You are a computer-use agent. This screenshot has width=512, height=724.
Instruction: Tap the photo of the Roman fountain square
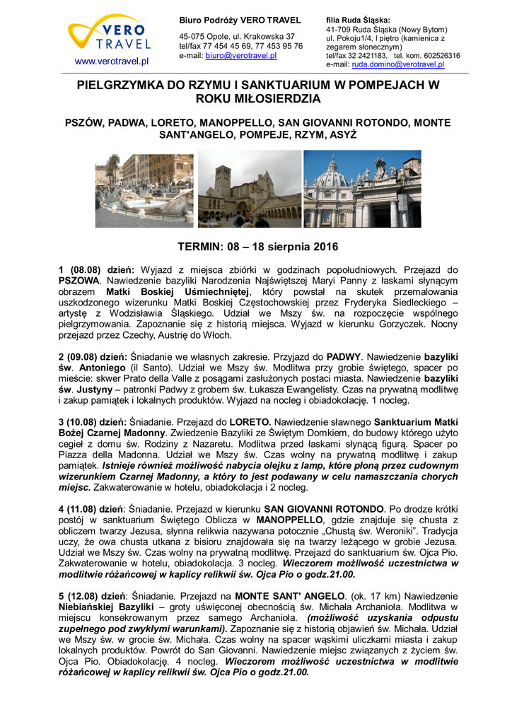click(144, 189)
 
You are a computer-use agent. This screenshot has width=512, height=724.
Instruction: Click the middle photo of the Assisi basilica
click(249, 189)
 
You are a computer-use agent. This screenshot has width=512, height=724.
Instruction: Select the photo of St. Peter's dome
click(362, 189)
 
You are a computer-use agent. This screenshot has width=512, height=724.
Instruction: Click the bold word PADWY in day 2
click(344, 358)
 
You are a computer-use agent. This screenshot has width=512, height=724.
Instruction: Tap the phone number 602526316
click(437, 55)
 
